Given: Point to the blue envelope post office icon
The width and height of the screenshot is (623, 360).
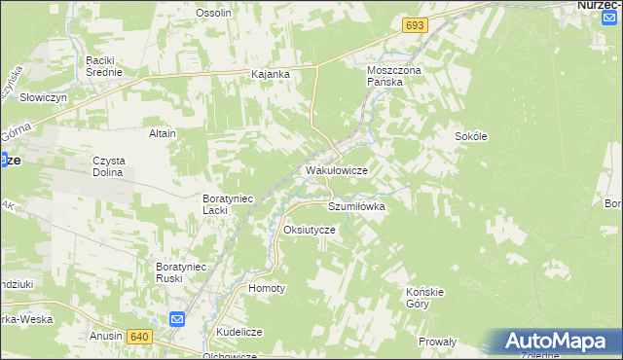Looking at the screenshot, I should [x=177, y=319].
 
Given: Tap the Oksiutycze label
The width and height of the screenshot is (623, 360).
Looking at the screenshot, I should [x=309, y=230].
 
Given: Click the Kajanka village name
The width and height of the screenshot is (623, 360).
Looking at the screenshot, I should [x=272, y=74].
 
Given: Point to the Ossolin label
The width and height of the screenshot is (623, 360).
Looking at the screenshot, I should [x=213, y=13].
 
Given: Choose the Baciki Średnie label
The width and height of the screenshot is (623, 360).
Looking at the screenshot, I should [x=104, y=65].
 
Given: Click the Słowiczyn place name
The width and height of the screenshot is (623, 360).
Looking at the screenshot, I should [x=43, y=98].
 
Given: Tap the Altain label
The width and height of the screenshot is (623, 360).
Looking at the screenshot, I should [x=162, y=132].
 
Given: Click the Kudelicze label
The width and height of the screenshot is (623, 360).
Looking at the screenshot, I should [x=239, y=332].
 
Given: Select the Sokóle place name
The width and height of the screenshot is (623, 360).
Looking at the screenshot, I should [x=470, y=136].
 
